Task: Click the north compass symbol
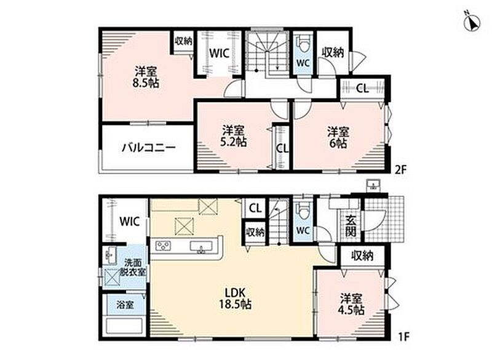coord(472,21)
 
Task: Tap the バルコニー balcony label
coord(149,148)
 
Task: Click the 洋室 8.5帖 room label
coord(146,77)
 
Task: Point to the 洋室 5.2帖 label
coord(233,136)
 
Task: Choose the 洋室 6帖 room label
coord(338,137)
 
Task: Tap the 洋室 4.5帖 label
coord(351,304)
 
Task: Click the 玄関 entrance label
coord(351,226)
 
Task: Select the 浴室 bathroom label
coord(125,305)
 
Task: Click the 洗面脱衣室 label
coord(133,267)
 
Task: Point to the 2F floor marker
coord(400,170)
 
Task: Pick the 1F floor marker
coord(404,337)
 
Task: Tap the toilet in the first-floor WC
coord(303,211)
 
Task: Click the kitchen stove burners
coord(164,245)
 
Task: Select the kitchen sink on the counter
coord(200,246)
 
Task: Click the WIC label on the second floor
coord(219,54)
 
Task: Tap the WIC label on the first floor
coord(129,222)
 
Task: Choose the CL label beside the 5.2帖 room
coord(282,148)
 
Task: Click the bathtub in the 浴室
coord(125,326)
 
